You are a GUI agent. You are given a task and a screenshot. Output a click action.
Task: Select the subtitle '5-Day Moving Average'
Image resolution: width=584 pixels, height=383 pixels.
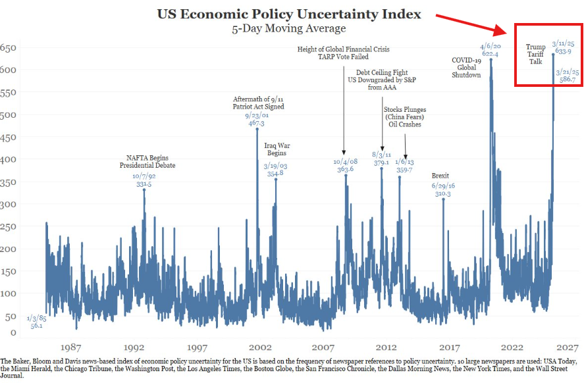pyautogui.click(x=288, y=29)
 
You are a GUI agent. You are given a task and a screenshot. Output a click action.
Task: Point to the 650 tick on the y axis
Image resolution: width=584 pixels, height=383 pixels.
pyautogui.click(x=8, y=48)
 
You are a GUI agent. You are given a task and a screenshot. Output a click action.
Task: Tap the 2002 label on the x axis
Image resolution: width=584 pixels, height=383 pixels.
pyautogui.click(x=261, y=347)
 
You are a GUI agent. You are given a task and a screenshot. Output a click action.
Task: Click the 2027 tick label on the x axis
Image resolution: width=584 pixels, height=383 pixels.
pyautogui.click(x=566, y=347)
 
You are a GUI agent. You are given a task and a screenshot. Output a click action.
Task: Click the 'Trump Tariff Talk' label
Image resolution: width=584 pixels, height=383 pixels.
pyautogui.click(x=535, y=55)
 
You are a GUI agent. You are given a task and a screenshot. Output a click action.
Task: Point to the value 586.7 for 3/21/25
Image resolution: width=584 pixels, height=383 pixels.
pyautogui.click(x=566, y=79)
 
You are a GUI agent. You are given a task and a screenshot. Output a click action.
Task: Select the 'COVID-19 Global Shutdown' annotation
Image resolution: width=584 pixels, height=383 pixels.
pyautogui.click(x=466, y=67)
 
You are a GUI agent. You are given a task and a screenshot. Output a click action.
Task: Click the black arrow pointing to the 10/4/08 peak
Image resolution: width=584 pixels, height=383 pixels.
pyautogui.click(x=344, y=154)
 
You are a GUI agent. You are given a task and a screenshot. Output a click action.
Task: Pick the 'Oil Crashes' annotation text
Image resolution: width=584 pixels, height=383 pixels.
pyautogui.click(x=404, y=124)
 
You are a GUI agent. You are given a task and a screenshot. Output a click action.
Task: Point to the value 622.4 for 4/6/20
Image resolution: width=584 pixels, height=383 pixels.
pyautogui.click(x=491, y=54)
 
